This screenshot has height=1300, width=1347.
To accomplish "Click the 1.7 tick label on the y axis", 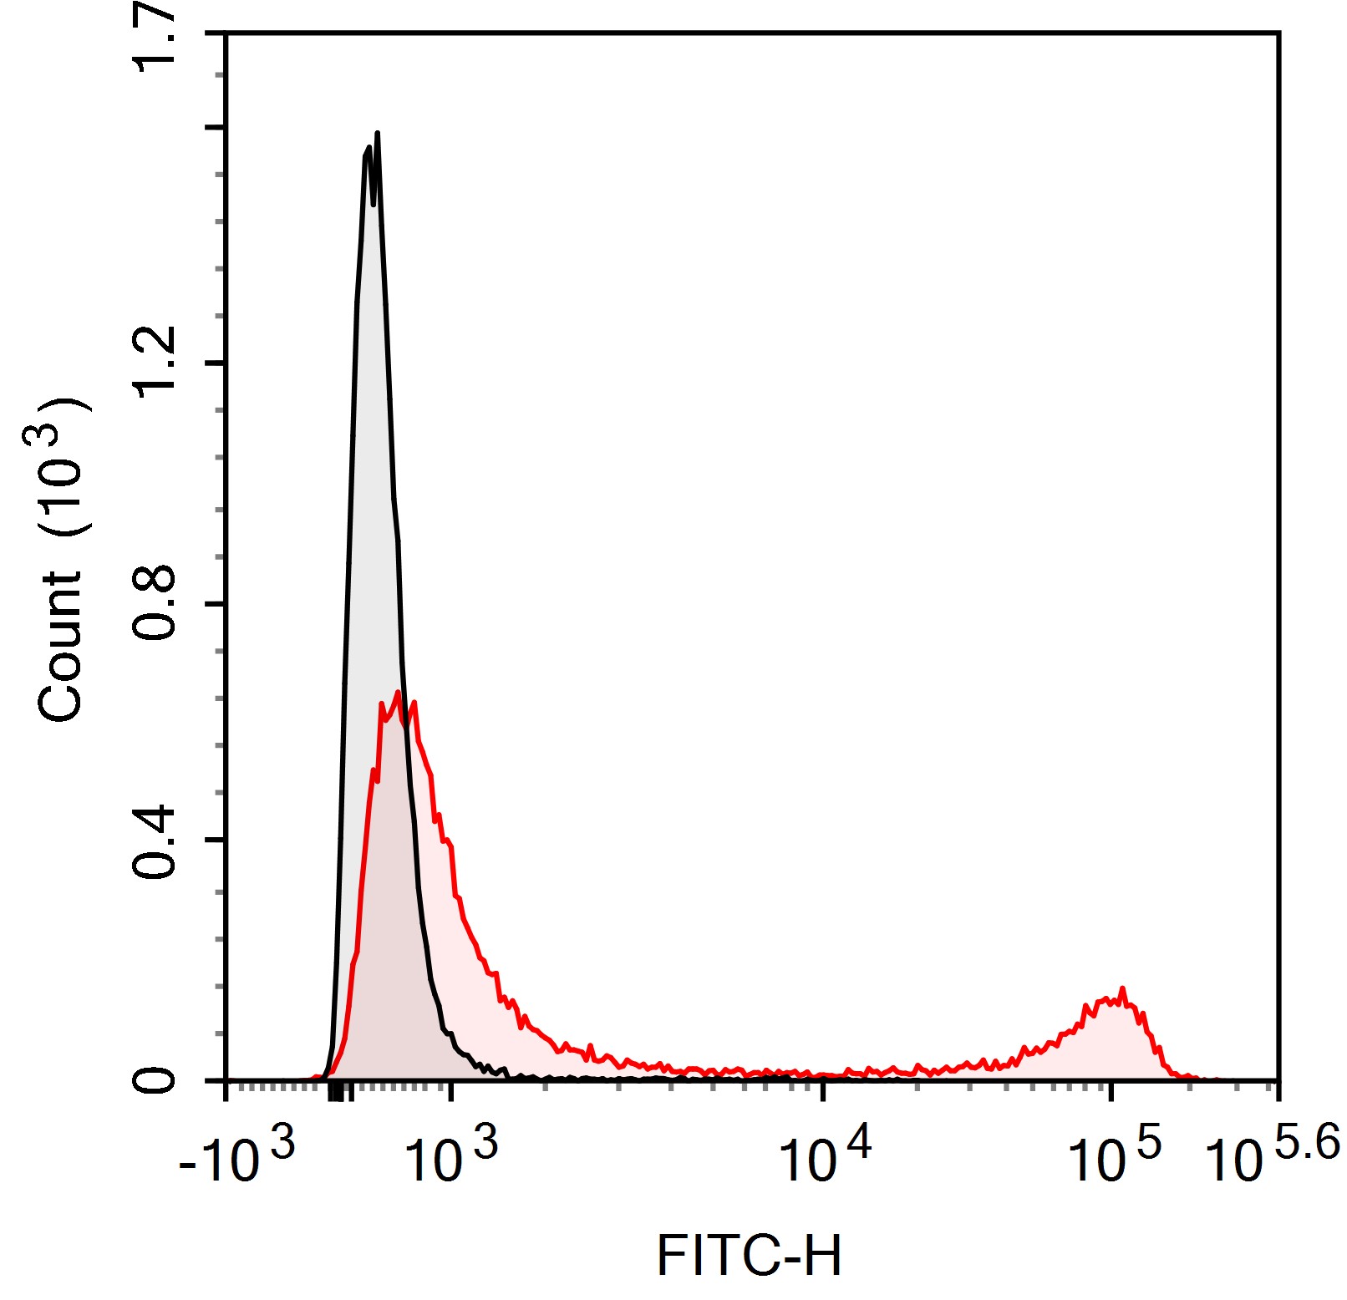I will pyautogui.click(x=155, y=38).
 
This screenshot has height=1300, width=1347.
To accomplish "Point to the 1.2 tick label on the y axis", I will pyautogui.click(x=155, y=362).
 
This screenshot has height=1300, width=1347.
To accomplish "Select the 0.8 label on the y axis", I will pyautogui.click(x=155, y=602).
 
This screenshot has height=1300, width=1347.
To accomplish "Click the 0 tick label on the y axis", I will pyautogui.click(x=155, y=1080).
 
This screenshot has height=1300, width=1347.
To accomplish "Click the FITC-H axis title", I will pyautogui.click(x=749, y=1256).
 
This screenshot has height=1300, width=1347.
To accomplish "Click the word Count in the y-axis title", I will pyautogui.click(x=60, y=646).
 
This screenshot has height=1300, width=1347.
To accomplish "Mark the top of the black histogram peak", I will pyautogui.click(x=378, y=134).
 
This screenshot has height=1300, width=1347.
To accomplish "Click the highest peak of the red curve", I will pyautogui.click(x=398, y=693).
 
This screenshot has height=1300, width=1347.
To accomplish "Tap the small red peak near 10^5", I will pyautogui.click(x=1122, y=989).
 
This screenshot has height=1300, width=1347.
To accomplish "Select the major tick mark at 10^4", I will pyautogui.click(x=824, y=1090).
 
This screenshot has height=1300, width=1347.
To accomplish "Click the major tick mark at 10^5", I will pyautogui.click(x=1111, y=1090).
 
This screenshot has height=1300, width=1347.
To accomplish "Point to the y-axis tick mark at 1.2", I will pyautogui.click(x=216, y=363).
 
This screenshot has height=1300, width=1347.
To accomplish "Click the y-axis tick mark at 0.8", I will pyautogui.click(x=216, y=603).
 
